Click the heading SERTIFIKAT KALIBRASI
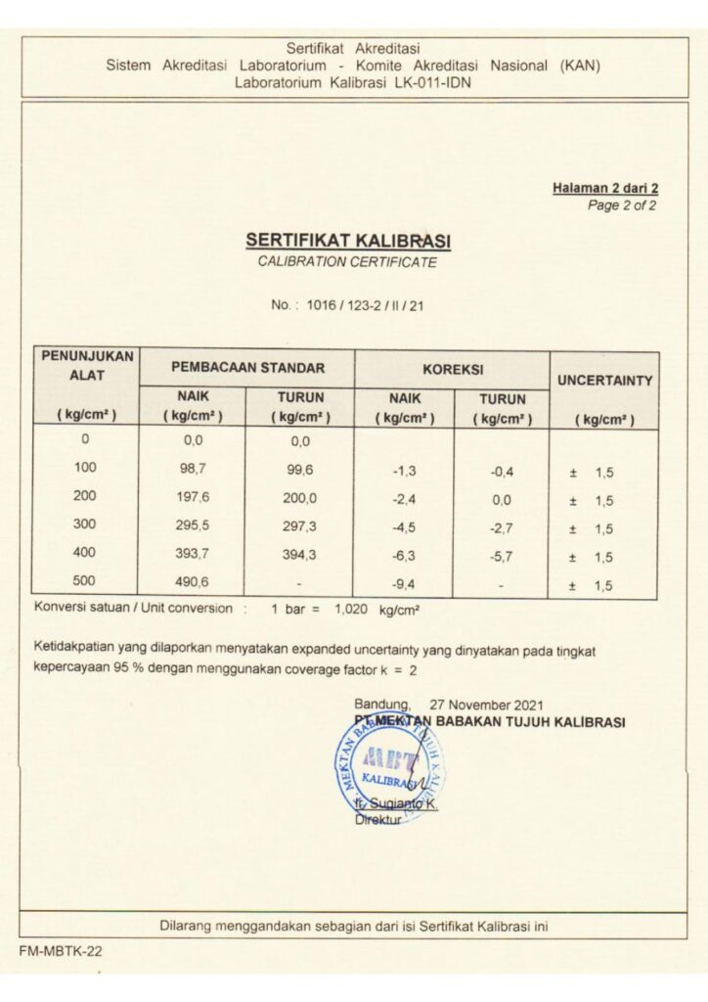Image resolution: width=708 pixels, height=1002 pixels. [x=347, y=240]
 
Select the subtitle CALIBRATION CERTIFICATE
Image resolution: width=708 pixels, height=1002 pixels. [x=347, y=262]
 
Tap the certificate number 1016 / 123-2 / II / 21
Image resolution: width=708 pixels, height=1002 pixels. [x=365, y=305]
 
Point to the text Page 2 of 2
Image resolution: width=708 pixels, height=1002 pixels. [x=621, y=205]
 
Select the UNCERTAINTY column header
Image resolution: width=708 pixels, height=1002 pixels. [x=603, y=380]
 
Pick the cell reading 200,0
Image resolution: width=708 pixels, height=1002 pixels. [x=299, y=498]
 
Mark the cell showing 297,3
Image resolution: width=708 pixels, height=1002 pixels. [x=299, y=526]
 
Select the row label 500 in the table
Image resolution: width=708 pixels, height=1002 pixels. [x=85, y=580]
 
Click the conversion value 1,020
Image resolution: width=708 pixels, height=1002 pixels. [x=351, y=608]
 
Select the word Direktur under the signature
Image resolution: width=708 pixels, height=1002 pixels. [x=378, y=820]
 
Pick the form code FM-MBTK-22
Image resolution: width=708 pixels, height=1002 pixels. [x=60, y=950]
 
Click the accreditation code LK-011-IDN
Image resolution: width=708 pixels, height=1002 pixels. [x=425, y=83]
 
